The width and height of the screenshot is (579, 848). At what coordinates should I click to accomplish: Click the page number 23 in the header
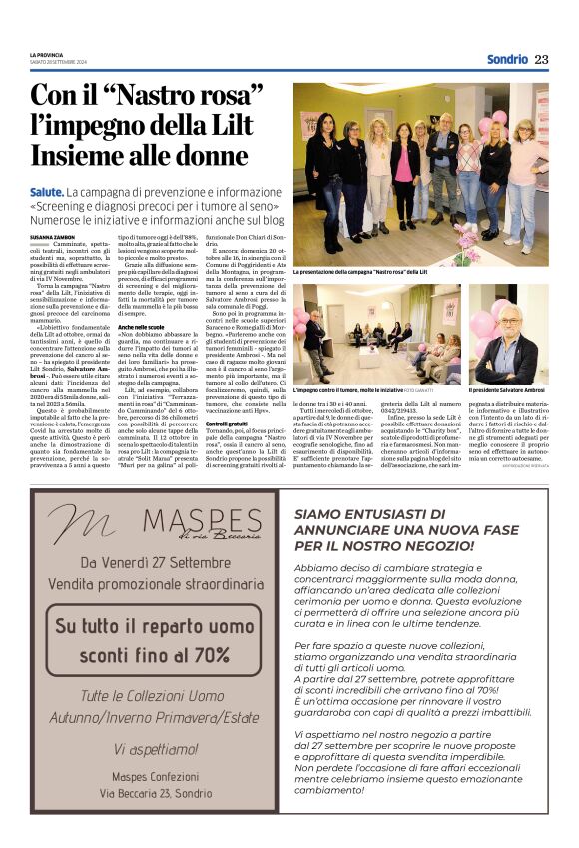coord(541,59)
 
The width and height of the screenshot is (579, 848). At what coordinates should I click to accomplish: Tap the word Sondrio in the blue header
coord(507,59)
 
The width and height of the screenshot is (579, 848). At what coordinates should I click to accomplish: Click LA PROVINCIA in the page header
coord(46,56)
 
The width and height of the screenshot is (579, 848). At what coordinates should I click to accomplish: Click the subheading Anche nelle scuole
coord(142,327)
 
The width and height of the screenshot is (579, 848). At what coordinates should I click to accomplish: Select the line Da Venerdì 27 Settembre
coord(155,562)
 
